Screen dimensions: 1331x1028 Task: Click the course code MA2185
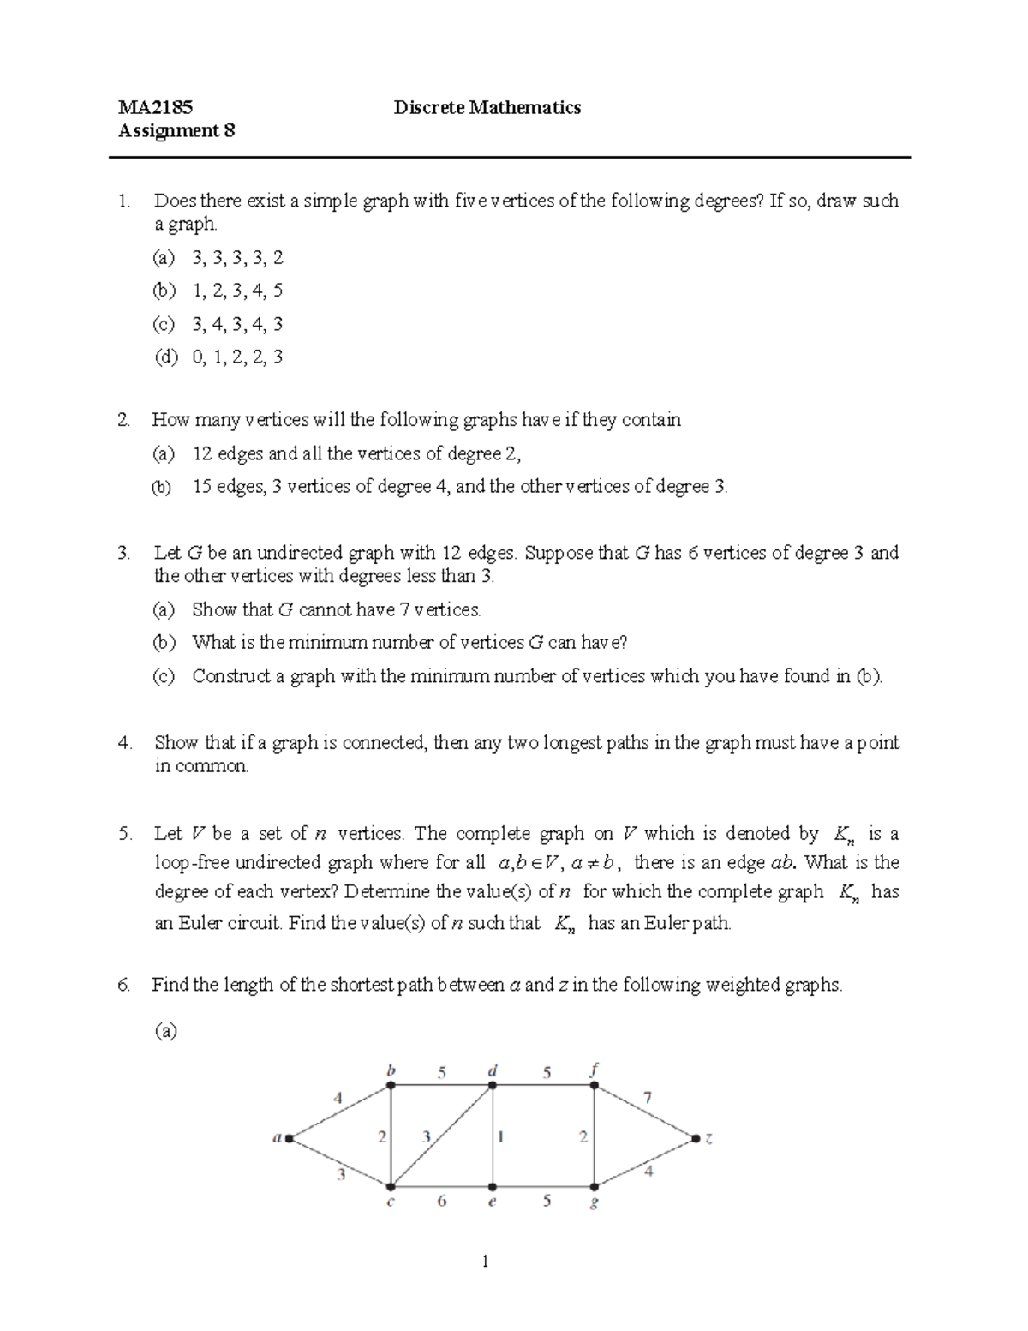(x=155, y=107)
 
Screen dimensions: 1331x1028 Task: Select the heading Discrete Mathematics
(x=487, y=107)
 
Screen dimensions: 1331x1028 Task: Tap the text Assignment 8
(x=176, y=130)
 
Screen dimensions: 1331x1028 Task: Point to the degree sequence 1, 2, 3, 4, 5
(x=237, y=291)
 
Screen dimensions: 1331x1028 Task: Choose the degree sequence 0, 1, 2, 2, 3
(x=237, y=357)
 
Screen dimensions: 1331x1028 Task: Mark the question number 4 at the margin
(x=125, y=743)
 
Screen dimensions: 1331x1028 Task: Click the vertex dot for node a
(x=290, y=1138)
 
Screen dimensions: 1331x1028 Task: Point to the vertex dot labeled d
(x=492, y=1086)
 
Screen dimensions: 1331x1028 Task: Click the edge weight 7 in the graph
(x=648, y=1097)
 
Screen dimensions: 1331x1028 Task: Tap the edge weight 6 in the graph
(x=442, y=1201)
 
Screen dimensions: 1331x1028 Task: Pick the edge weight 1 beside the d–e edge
(x=501, y=1137)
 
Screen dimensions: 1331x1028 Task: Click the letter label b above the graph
(x=391, y=1070)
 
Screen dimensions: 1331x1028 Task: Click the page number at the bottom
(x=486, y=1261)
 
